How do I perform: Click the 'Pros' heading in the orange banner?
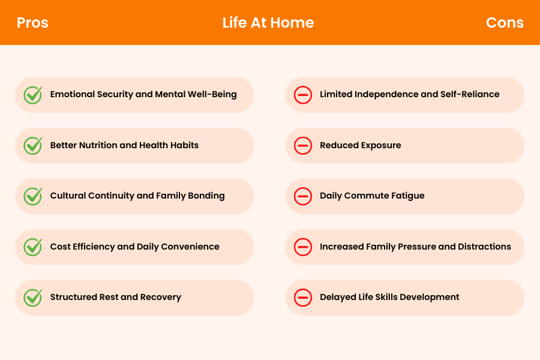[x=32, y=23]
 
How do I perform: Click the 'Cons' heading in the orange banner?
[x=505, y=23]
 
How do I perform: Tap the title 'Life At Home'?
[x=268, y=23]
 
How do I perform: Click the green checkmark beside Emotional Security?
[x=32, y=95]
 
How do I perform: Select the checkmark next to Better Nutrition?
[x=32, y=145]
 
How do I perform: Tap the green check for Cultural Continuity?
[x=32, y=196]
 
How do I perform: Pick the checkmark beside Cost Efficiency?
[x=32, y=247]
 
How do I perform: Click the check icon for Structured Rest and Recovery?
[x=32, y=298]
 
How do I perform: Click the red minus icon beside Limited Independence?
[x=303, y=95]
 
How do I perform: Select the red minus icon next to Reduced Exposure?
[x=303, y=145]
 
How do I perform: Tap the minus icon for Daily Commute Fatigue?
[x=303, y=196]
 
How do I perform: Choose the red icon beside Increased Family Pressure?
[x=303, y=247]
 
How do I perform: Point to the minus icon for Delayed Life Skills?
[x=303, y=298]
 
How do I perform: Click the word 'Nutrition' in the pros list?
[x=97, y=145]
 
